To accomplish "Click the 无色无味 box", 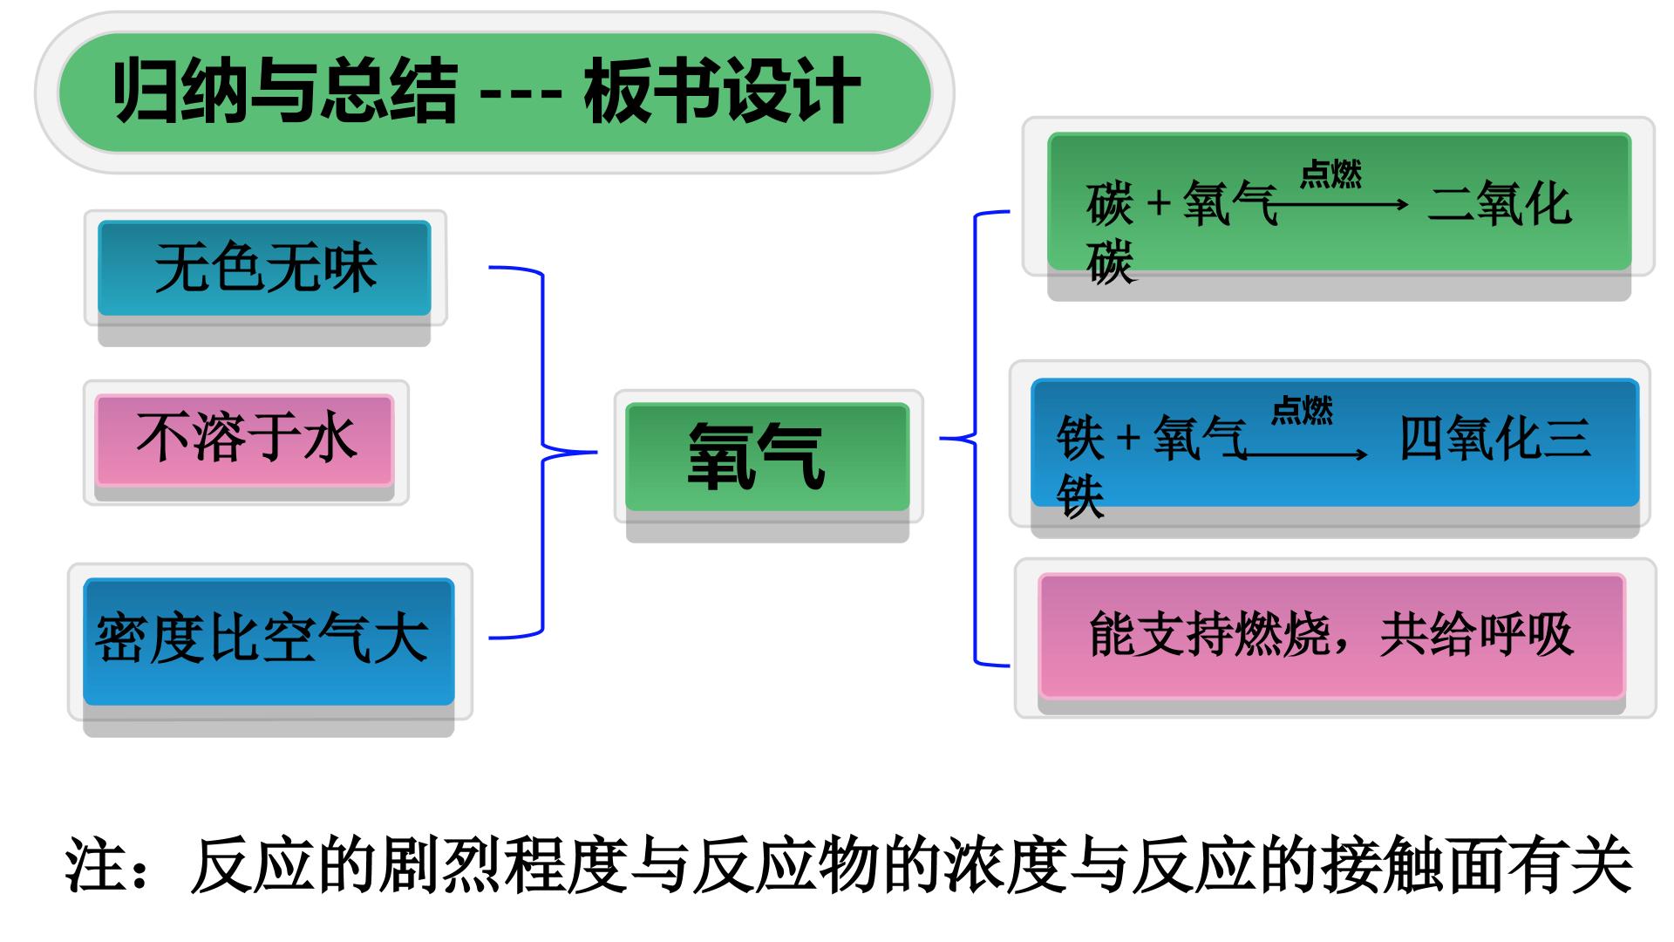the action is [264, 268].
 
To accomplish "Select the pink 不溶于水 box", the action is [245, 440].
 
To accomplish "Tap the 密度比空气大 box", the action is [269, 641].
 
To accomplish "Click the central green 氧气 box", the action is [767, 457].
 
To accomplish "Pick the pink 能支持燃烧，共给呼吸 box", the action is [1331, 635].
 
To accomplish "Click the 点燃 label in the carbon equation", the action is [1330, 174].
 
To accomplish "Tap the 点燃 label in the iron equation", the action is [1302, 410].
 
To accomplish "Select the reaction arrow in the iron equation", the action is [1304, 454].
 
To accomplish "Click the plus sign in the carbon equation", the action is [1158, 204].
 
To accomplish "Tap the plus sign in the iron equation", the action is [1128, 437].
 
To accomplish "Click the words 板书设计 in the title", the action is [722, 92].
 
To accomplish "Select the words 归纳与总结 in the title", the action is [285, 92].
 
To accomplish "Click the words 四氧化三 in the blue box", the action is [1494, 437].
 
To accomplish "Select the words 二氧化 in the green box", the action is [1500, 204].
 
